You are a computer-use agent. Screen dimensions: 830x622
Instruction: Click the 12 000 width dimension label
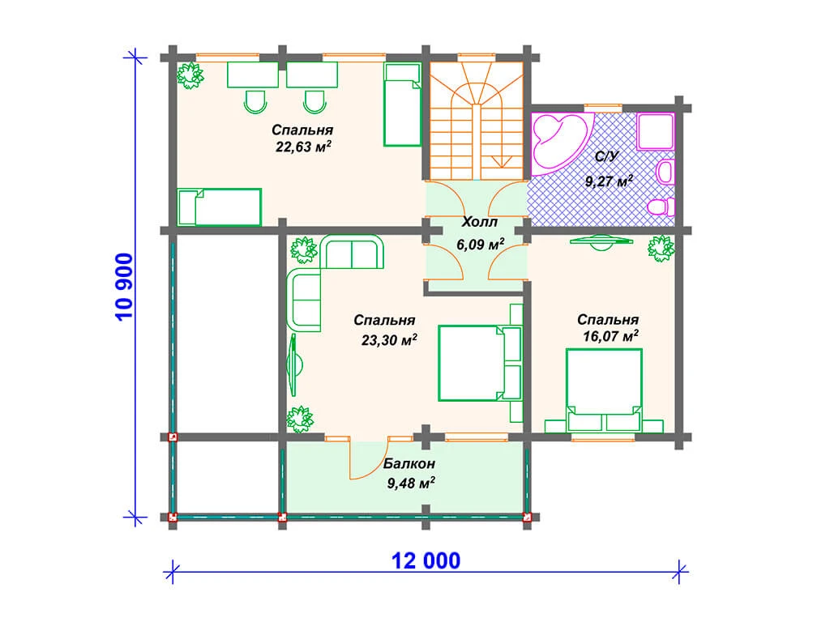pos(426,560)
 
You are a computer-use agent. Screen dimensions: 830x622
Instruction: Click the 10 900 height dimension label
pos(124,287)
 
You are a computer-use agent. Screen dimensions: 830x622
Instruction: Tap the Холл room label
pos(480,222)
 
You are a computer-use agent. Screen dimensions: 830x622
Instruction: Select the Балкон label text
pos(409,464)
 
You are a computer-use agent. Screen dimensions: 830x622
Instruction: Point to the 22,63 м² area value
pos(303,146)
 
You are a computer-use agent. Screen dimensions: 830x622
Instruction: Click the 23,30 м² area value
pos(389,339)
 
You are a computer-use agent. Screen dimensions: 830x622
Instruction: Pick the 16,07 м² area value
pos(610,336)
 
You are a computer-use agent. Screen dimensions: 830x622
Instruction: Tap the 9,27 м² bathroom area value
pos(609,181)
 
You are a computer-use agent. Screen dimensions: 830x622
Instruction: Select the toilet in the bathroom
pos(661,207)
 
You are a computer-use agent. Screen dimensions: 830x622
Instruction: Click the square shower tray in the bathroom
pos(655,130)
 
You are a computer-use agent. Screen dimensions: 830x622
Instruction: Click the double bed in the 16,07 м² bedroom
pos(604,390)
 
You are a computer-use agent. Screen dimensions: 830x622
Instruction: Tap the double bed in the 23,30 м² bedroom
pos(479,363)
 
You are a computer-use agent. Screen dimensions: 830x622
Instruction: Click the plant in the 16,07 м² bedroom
pos(661,248)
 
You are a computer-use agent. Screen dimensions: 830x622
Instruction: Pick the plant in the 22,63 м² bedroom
pos(190,75)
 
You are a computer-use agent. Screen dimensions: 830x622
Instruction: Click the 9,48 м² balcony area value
pos(411,483)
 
